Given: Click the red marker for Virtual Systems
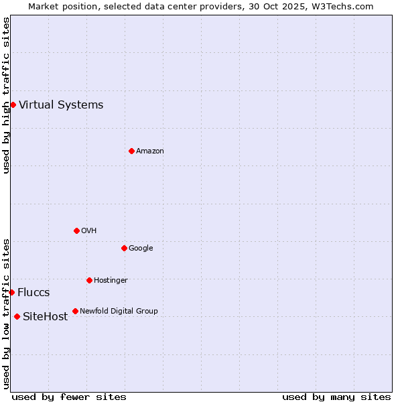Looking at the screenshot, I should click(13, 105).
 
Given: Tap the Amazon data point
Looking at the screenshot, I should click(131, 151).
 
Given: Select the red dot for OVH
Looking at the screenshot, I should click(76, 230).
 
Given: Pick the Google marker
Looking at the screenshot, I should click(124, 248).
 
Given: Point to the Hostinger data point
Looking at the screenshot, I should click(89, 280).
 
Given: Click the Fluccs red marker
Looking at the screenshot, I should click(11, 292).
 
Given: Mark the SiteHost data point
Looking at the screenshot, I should click(17, 316).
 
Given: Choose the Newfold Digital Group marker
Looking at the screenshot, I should click(75, 311).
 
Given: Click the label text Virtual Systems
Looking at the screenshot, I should click(61, 105).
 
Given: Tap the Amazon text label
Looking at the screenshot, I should click(150, 151).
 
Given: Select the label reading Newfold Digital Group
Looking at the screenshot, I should click(119, 311).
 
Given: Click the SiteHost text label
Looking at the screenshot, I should click(45, 317).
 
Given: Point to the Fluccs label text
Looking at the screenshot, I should click(33, 293).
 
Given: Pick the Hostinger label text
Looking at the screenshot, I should click(111, 280).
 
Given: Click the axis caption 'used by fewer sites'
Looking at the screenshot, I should click(69, 397).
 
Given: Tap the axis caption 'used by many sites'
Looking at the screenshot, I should click(336, 397).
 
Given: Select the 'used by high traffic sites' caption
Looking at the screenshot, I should click(6, 95).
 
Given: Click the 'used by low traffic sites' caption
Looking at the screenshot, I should click(6, 313).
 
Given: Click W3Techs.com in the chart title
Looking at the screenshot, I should click(344, 6).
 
